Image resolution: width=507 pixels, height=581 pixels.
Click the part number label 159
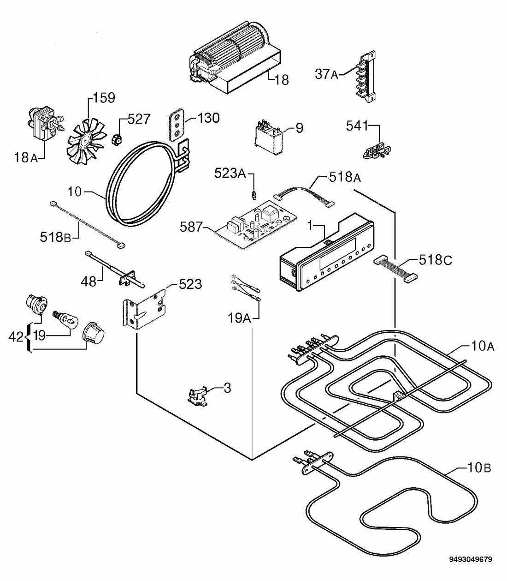pos(104,98)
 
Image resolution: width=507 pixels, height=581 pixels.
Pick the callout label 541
pos(357,126)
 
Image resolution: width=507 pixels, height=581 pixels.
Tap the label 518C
pos(436,260)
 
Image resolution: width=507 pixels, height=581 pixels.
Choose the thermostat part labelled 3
pos(198,395)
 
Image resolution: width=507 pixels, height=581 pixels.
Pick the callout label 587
pos(191,227)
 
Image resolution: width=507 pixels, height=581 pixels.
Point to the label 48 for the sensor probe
pos(89,282)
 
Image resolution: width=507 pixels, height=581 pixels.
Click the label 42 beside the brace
pos(16,337)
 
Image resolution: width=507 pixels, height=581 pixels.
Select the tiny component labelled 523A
pos(254,195)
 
